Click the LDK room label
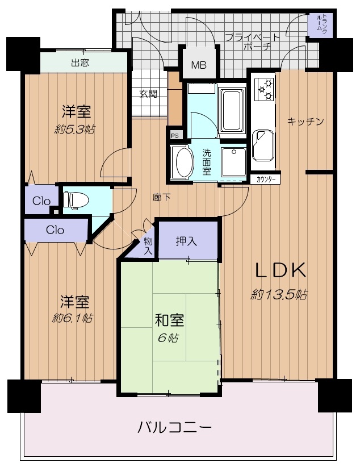click(281, 270)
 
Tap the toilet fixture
click(76, 198)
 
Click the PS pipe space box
click(175, 135)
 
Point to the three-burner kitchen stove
click(264, 88)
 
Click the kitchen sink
click(263, 145)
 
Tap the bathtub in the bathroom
click(232, 110)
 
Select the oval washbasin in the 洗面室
click(185, 162)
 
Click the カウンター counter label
click(264, 179)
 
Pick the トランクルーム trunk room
click(320, 25)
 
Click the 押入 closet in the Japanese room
click(187, 241)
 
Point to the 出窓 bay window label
click(81, 62)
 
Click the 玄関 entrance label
click(149, 94)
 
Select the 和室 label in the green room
click(169, 321)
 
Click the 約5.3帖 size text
click(75, 130)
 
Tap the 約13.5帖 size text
click(279, 294)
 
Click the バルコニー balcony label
click(174, 428)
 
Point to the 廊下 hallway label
click(161, 197)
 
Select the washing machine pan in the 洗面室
click(233, 162)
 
